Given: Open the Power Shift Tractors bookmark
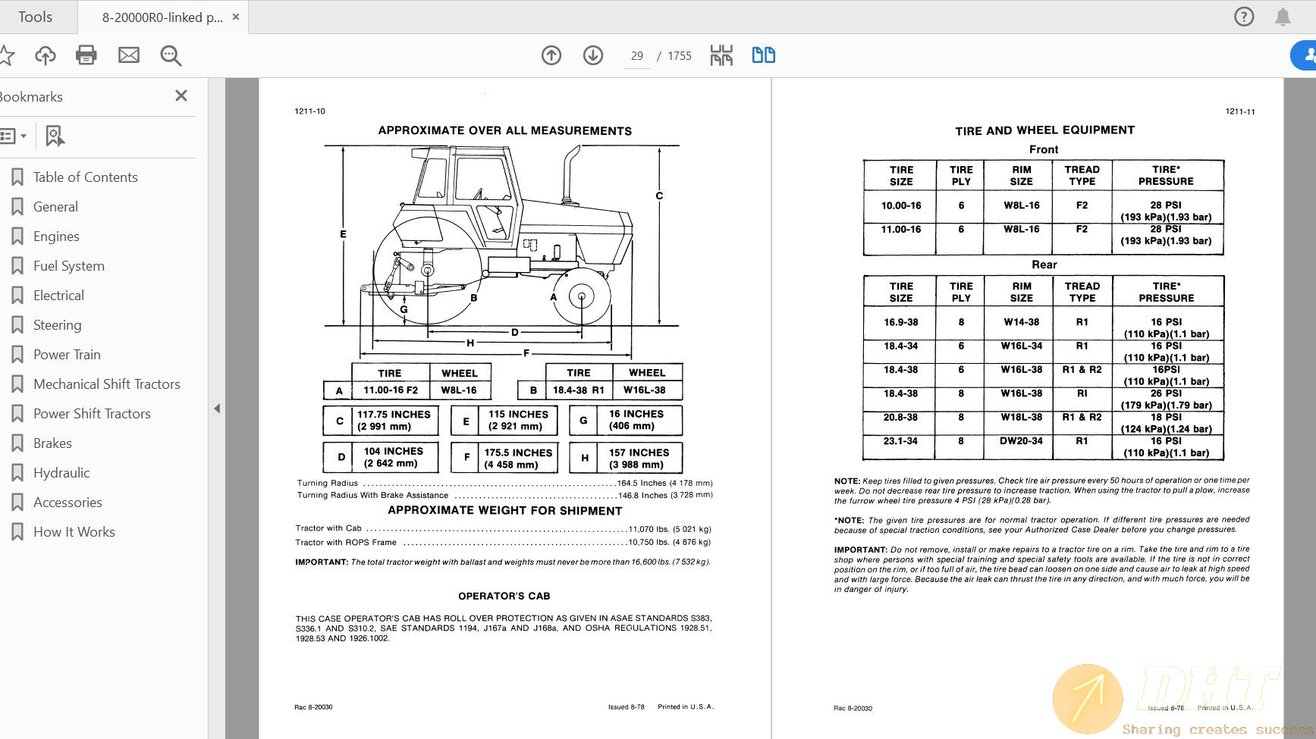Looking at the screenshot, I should (92, 414).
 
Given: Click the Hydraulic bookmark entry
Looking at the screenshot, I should (61, 473).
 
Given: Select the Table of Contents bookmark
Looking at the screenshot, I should (85, 177).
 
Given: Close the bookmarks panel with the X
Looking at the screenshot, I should (181, 96).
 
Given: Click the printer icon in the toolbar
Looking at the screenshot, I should (86, 55).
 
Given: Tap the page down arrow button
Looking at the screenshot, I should (593, 55).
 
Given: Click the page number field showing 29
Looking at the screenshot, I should (636, 56).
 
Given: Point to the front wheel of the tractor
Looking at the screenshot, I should (582, 297).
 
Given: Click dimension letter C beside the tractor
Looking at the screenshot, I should (659, 196).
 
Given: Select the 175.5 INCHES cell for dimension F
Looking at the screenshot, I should (518, 459).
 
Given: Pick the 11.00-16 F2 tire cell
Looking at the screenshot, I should (391, 390).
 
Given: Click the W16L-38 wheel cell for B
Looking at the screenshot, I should (645, 390).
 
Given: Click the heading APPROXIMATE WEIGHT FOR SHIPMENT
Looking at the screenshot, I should (504, 511).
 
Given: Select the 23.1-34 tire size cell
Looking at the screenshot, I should (900, 441).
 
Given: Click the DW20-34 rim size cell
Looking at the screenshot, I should (1021, 441).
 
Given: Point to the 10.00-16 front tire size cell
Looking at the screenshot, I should (901, 205).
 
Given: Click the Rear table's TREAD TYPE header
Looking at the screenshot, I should (1082, 292).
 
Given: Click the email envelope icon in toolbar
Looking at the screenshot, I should (129, 55).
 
